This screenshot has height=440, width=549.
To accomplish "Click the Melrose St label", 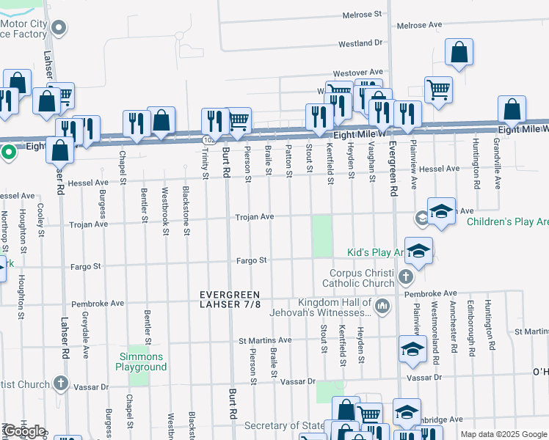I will [358, 14].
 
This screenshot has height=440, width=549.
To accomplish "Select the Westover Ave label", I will [357, 73].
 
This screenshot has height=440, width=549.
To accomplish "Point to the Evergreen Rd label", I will [393, 168].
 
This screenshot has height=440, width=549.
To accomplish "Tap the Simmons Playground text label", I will [142, 362].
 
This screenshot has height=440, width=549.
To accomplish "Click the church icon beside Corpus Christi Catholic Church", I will [406, 278].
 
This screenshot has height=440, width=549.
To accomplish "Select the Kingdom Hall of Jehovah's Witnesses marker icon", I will [382, 305].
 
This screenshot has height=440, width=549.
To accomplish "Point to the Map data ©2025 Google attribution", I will [503, 434].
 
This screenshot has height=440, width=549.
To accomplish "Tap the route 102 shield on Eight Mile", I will [208, 138].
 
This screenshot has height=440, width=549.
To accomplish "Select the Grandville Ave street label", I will [497, 163].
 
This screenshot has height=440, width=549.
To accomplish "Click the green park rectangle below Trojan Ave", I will [321, 236].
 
